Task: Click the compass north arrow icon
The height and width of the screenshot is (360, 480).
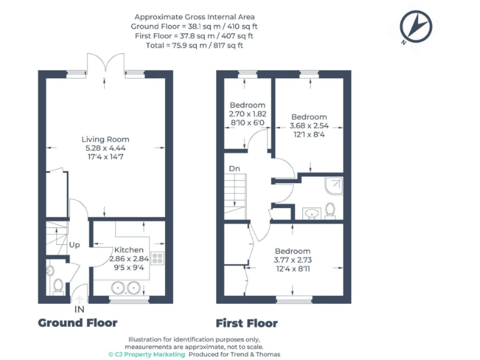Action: [416, 27]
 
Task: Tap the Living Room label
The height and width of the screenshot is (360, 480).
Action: [106, 139]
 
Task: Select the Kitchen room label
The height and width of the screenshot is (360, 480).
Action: [129, 250]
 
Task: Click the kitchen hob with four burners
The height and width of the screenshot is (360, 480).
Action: [157, 257]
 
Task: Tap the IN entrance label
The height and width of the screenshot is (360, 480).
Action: [80, 309]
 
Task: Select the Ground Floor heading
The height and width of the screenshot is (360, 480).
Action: [77, 323]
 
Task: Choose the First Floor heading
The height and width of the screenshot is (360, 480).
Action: [246, 323]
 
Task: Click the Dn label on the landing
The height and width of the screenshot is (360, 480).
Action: [234, 168]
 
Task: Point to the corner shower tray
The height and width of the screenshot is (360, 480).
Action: [333, 186]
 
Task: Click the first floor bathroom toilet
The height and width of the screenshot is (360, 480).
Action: [331, 211]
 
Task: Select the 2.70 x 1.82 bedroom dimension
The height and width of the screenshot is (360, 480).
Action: [247, 114]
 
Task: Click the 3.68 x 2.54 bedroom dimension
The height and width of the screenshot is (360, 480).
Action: [309, 126]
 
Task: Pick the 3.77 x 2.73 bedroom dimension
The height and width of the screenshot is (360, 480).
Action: [292, 260]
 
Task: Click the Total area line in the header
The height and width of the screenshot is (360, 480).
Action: [194, 46]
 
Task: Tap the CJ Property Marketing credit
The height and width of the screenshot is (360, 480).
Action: [147, 354]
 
